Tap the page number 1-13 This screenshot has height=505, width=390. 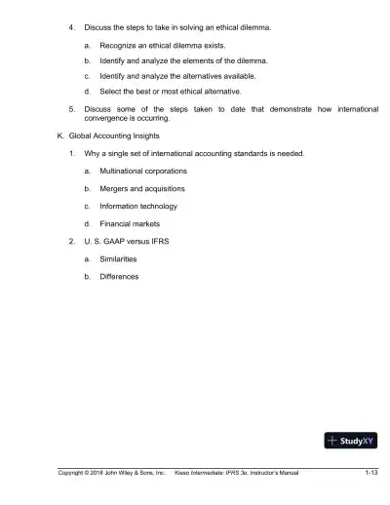pos(370,473)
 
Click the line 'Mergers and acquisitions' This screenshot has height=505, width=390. pos(142,188)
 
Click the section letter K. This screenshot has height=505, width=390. pos(61,136)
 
